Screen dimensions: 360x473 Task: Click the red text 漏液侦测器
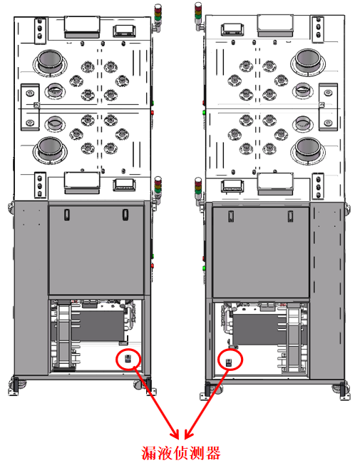(181, 453)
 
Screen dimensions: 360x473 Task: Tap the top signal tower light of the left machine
(158, 16)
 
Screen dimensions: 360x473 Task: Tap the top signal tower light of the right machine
(198, 15)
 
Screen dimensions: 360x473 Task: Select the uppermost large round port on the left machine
(50, 62)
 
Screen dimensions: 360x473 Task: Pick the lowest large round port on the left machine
(50, 149)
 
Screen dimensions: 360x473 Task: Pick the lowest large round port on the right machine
(308, 151)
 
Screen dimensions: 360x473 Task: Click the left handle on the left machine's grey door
(67, 215)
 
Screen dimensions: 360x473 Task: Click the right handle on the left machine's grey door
(125, 215)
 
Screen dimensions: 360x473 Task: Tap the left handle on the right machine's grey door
(231, 216)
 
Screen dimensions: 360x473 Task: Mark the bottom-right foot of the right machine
(343, 392)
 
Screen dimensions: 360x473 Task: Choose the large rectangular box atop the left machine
(82, 27)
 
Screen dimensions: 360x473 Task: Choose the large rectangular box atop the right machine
(275, 26)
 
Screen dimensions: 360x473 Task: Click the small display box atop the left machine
(124, 31)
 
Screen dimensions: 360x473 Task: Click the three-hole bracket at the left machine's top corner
(40, 30)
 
